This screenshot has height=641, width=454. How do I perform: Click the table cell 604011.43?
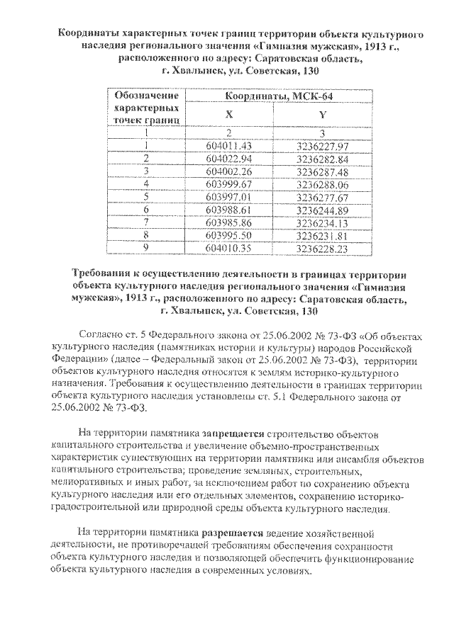click(228, 146)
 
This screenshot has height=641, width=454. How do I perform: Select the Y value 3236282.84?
click(323, 159)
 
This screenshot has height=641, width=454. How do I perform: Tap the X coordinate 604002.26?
click(228, 171)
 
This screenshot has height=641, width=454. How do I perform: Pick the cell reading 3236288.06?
click(323, 184)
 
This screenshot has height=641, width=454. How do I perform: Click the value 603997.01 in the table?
click(228, 197)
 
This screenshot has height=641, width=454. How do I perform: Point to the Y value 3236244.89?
click(323, 210)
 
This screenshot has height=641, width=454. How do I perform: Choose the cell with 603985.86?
click(228, 222)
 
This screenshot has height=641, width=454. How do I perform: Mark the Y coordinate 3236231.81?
click(323, 235)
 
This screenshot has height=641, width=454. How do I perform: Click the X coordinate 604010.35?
click(228, 248)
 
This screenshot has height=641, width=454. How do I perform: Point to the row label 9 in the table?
click(145, 248)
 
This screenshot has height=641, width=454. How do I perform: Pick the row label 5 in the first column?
click(145, 197)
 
